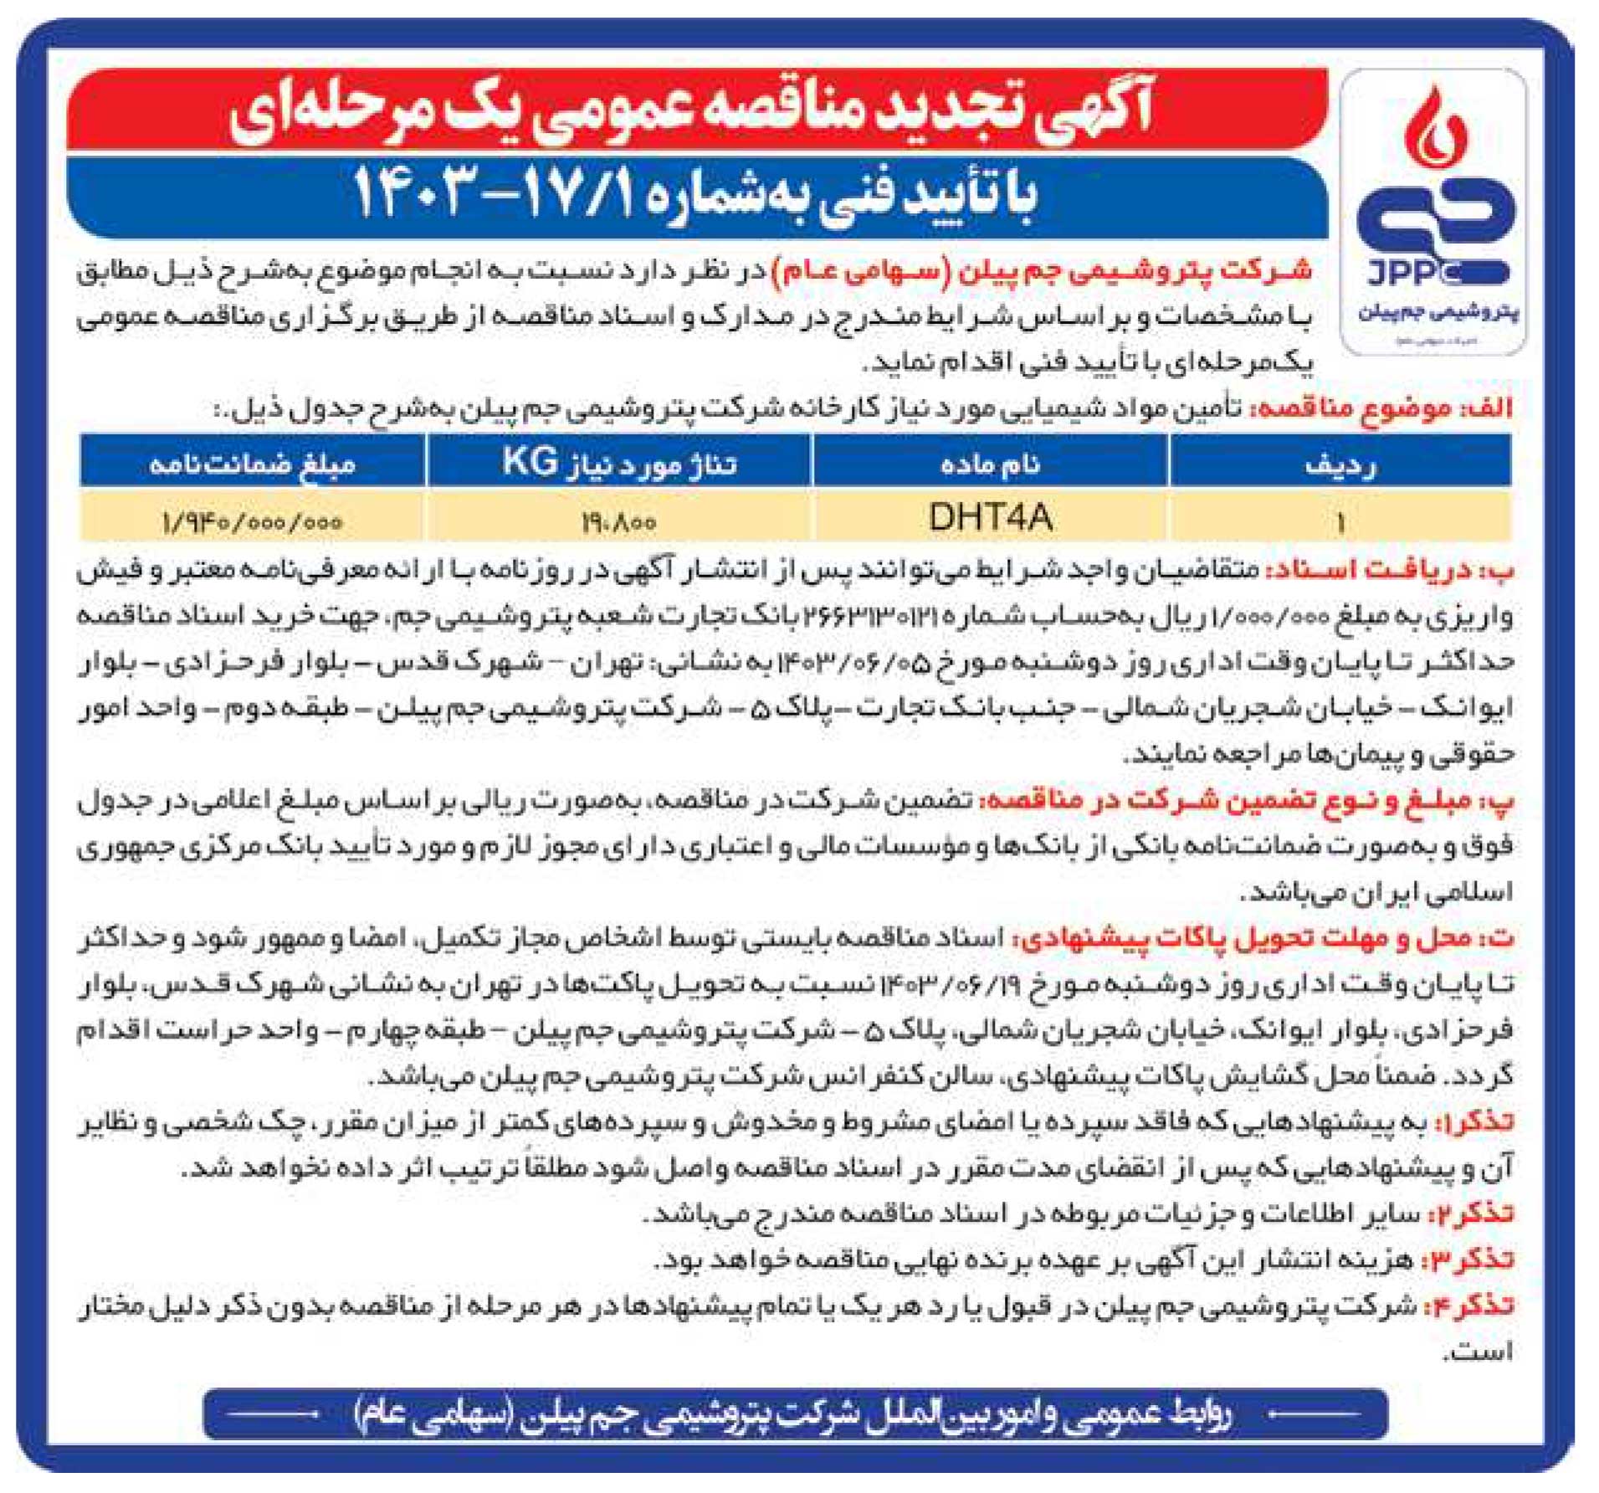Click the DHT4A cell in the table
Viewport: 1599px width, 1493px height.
[x=989, y=518]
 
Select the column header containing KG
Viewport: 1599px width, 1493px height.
[x=619, y=462]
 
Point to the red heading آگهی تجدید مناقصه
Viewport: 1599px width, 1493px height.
[x=694, y=110]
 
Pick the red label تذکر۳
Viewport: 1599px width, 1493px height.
[x=1473, y=1260]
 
